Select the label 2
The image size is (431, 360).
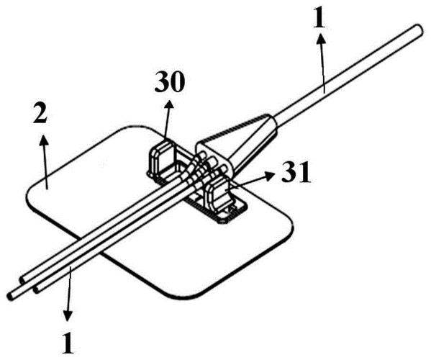pyautogui.click(x=40, y=113)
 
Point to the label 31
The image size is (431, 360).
pyautogui.click(x=296, y=172)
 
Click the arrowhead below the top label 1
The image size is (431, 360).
pyautogui.click(x=320, y=40)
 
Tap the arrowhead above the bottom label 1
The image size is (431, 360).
pyautogui.click(x=68, y=315)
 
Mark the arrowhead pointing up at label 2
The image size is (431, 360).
pyautogui.click(x=43, y=140)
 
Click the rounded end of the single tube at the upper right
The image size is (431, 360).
pyautogui.click(x=418, y=30)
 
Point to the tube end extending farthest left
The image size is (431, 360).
pyautogui.click(x=11, y=296)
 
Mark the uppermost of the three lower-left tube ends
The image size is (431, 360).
pyautogui.click(x=22, y=279)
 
